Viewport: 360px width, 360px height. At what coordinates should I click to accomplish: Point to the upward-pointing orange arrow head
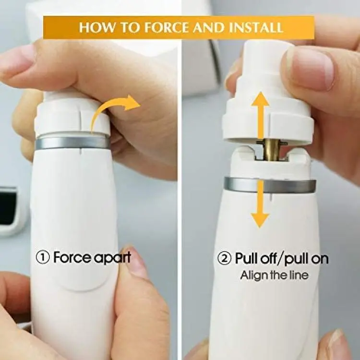click(260, 99)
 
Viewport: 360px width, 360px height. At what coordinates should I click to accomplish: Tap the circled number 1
click(43, 258)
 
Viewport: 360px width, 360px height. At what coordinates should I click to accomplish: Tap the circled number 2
click(224, 259)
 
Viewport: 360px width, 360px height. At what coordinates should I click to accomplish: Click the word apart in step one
click(112, 258)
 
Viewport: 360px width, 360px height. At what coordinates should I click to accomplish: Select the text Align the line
click(274, 275)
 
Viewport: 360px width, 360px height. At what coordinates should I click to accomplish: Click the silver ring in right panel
click(270, 185)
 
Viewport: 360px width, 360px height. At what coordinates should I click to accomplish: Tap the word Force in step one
click(72, 258)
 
